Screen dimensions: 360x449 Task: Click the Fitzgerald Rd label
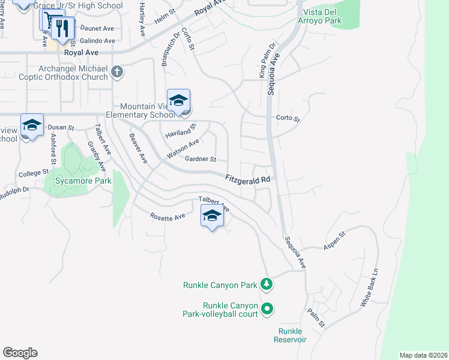click(249, 179)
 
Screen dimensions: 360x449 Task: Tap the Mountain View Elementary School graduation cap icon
click(178, 101)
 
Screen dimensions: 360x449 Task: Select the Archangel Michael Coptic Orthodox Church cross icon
click(117, 73)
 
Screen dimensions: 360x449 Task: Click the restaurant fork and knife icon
click(62, 27)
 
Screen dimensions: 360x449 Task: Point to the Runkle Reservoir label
click(292, 335)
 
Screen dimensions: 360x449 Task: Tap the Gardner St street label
click(200, 159)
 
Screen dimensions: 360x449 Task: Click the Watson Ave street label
click(182, 149)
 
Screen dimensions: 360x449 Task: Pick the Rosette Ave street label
click(167, 217)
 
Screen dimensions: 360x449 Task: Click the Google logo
click(20, 353)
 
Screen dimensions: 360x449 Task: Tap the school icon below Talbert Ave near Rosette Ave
click(211, 217)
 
